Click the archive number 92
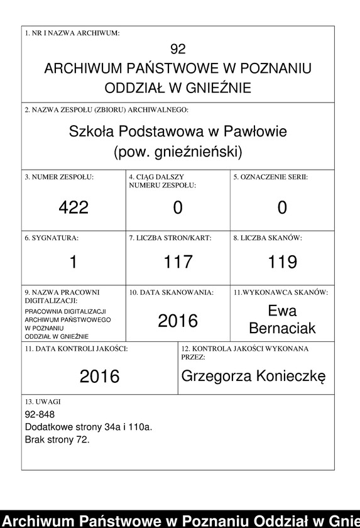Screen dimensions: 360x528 [178, 49]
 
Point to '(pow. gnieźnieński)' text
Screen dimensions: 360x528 [178, 151]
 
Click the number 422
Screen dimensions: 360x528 [74, 207]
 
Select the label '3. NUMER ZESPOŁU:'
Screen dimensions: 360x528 [58, 177]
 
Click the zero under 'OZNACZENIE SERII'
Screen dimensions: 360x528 [282, 207]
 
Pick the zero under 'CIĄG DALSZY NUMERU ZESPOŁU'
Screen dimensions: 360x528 [178, 207]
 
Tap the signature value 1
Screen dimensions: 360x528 [74, 261]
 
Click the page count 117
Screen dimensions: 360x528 [178, 261]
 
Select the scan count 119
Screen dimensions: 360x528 [282, 261]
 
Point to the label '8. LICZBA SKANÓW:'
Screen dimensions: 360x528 [268, 238]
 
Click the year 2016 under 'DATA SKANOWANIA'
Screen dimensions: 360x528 [178, 321]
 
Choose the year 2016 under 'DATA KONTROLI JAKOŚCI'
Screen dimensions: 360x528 [99, 376]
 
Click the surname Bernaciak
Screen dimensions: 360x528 [282, 328]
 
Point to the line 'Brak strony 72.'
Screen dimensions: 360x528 [57, 439]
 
